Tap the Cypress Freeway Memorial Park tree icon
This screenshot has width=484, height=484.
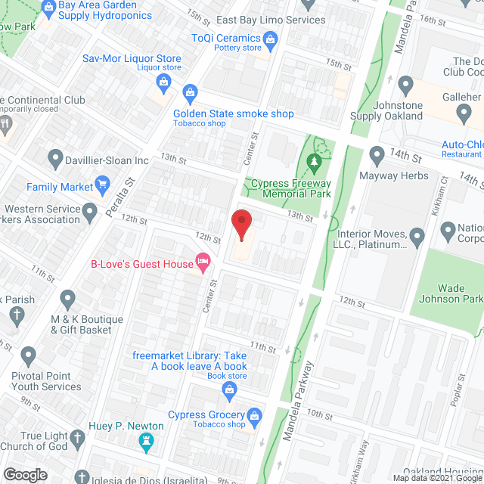pos(315,160)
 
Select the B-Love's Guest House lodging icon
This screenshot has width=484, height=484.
pos(202,263)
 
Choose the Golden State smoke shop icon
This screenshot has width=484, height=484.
pos(189,94)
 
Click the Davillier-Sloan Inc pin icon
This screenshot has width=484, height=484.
pos(54,160)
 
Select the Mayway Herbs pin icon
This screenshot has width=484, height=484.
pos(377,156)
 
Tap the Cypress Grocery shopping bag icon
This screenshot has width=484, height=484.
pos(255,414)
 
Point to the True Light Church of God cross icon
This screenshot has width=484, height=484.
pos(77,437)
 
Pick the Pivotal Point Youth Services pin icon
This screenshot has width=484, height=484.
pos(29,354)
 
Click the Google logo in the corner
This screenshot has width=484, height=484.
pos(25,474)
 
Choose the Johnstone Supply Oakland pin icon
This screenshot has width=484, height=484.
pos(405,84)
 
